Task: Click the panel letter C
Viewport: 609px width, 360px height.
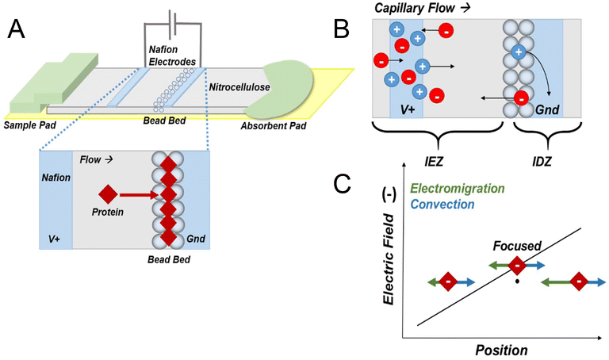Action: pos(342,184)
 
